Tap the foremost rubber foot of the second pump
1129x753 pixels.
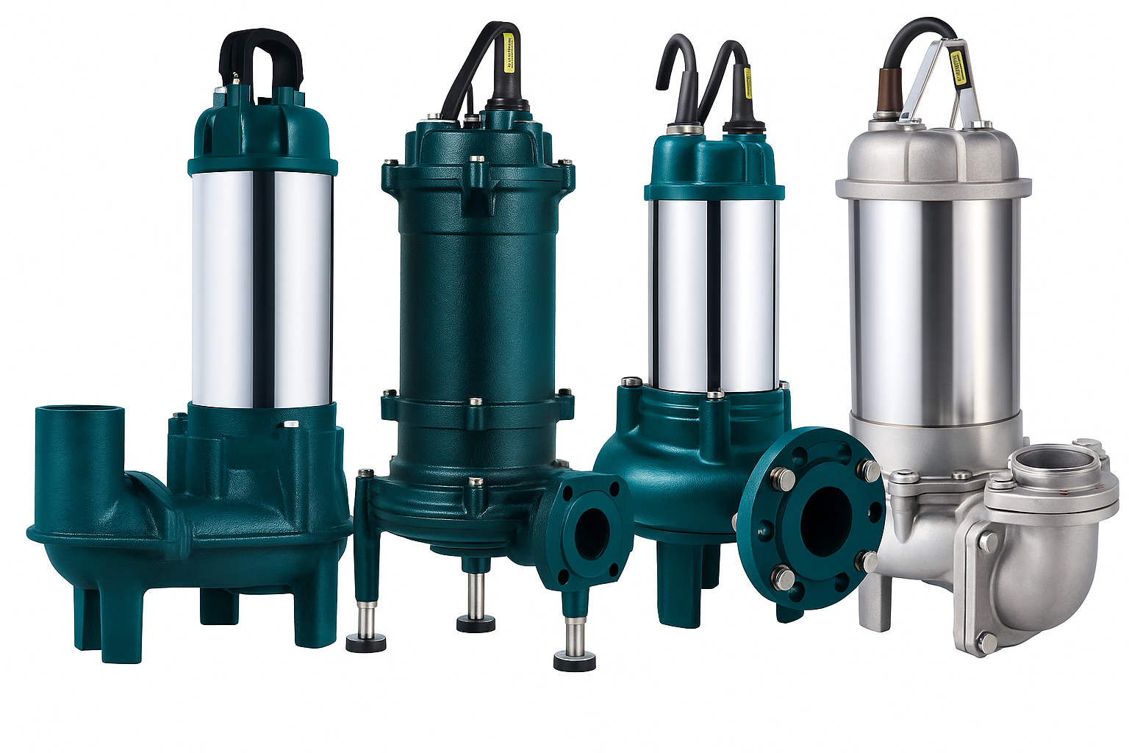tap(574, 659)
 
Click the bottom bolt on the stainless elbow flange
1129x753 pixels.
tap(986, 642)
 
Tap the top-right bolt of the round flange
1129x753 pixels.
tap(870, 469)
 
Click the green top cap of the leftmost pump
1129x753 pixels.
tap(262, 132)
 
